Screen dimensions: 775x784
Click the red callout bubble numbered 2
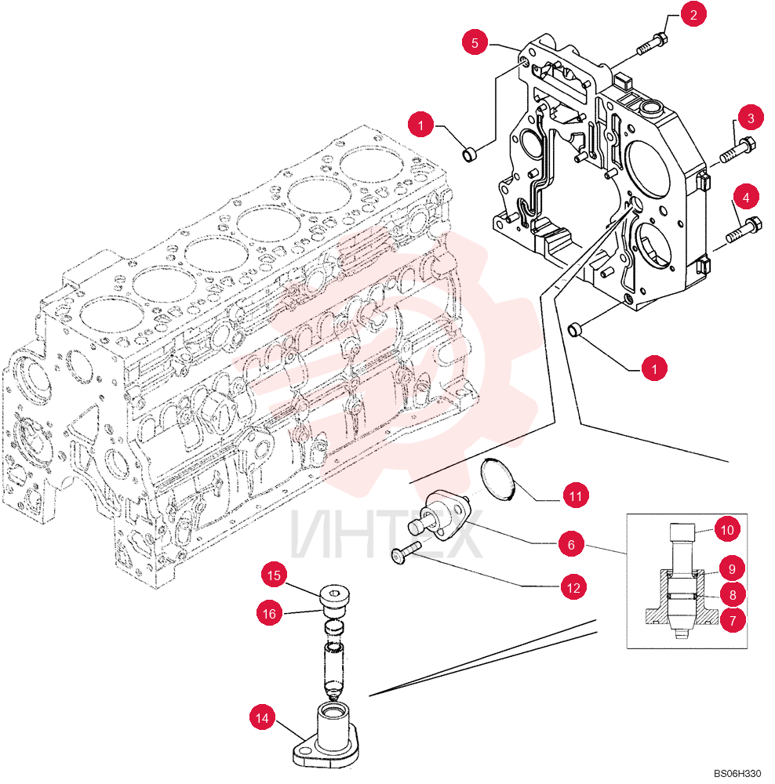pos(693,14)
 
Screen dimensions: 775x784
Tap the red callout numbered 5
pos(475,42)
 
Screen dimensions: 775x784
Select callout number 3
pos(750,118)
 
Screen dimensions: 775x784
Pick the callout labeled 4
pos(746,198)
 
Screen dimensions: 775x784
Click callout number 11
pos(576,495)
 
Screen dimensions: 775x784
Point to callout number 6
pos(571,544)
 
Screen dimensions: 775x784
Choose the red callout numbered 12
pos(573,587)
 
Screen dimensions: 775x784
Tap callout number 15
pos(274,575)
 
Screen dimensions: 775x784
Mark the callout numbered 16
pos(269,614)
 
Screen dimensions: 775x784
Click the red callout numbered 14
pos(262,718)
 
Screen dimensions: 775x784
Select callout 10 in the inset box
pos(727,529)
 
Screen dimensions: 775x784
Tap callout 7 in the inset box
pos(733,620)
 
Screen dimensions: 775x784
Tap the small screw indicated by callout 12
pos(406,553)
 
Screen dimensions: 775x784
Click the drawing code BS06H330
pos(737,773)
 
